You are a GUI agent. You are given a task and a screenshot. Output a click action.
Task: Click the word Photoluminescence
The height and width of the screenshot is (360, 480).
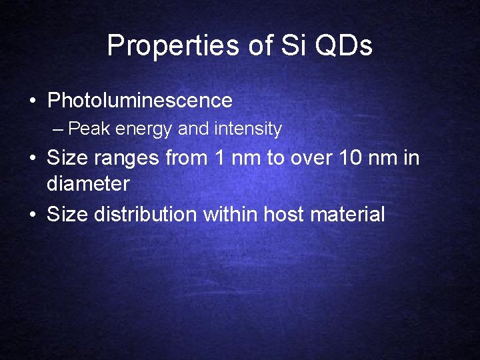tap(140, 101)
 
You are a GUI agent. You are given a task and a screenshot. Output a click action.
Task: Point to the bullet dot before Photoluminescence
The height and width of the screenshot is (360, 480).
tap(32, 101)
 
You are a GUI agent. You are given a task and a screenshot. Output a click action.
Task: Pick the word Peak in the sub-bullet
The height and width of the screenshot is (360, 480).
tap(89, 129)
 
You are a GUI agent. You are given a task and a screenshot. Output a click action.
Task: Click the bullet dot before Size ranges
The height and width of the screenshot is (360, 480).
tap(32, 159)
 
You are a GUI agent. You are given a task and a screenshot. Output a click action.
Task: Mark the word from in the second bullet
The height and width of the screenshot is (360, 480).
tap(183, 158)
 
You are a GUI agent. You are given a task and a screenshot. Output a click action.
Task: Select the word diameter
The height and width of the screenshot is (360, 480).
tap(88, 183)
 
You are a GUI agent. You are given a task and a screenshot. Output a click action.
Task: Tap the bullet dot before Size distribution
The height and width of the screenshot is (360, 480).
tap(32, 215)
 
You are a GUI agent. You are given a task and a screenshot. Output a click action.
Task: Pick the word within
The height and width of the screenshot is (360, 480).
tap(231, 214)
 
